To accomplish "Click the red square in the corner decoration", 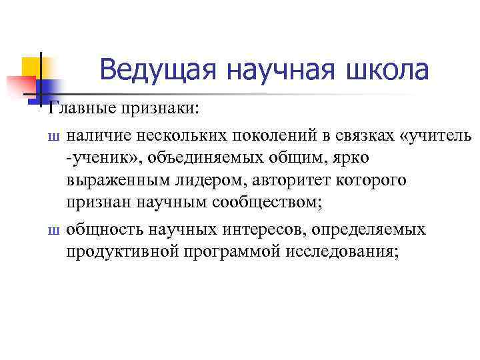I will coord(19,86).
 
